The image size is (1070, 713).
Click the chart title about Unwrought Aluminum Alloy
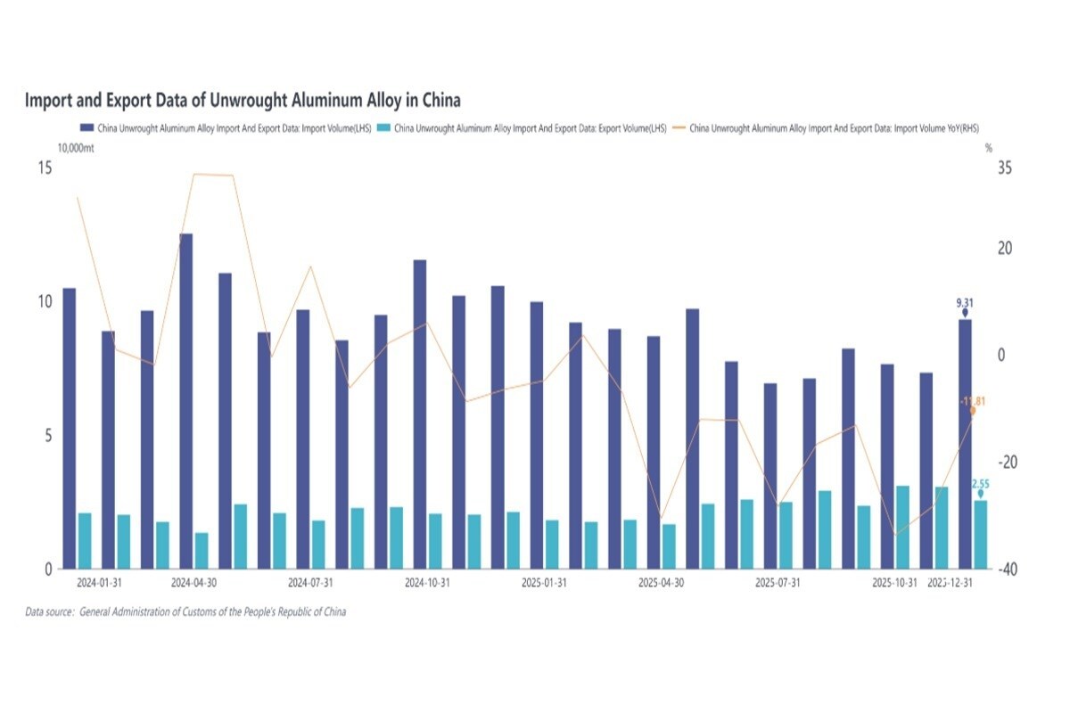[x=243, y=100]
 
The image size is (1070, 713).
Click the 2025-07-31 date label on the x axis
[x=778, y=584]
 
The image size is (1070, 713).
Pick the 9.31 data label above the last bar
[x=964, y=303]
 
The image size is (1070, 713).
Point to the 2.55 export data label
[x=981, y=484]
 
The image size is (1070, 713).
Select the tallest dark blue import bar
[x=186, y=401]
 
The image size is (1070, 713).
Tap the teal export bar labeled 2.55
[x=981, y=535]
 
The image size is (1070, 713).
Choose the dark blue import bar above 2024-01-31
[x=108, y=450]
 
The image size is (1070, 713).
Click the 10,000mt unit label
[x=77, y=149]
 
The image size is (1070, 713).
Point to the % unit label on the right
[x=988, y=149]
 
